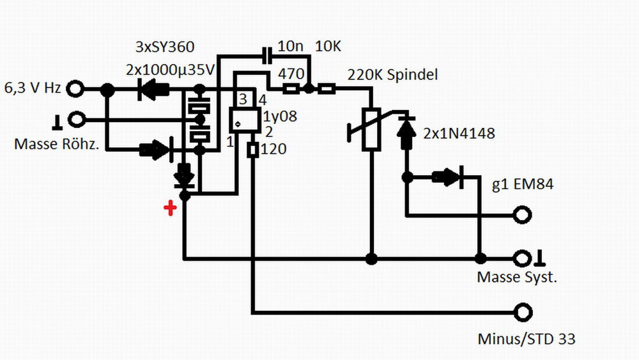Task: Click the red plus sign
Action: tap(170, 208)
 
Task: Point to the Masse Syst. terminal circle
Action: tap(523, 258)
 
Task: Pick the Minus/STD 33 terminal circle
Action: tap(523, 313)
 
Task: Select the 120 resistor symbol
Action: tap(252, 150)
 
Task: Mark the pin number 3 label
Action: tap(243, 100)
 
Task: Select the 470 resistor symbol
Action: tap(293, 89)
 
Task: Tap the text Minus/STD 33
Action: tap(526, 338)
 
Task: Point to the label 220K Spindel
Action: tap(392, 75)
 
